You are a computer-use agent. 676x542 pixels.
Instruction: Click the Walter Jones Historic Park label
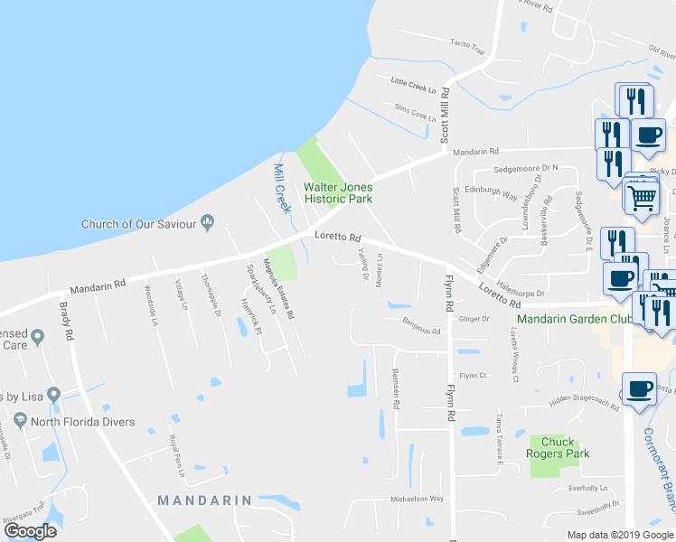tap(337, 192)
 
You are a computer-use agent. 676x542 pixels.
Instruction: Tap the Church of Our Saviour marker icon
tap(208, 220)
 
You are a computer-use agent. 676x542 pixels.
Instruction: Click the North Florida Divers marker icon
tap(19, 422)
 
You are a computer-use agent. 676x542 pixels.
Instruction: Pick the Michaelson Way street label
tap(417, 498)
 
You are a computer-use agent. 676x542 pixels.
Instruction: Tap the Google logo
tap(30, 531)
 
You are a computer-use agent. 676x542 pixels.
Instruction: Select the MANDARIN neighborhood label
tap(204, 500)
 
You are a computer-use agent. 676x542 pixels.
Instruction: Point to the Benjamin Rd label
tap(422, 332)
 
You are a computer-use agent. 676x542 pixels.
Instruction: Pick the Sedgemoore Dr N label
tap(526, 168)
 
